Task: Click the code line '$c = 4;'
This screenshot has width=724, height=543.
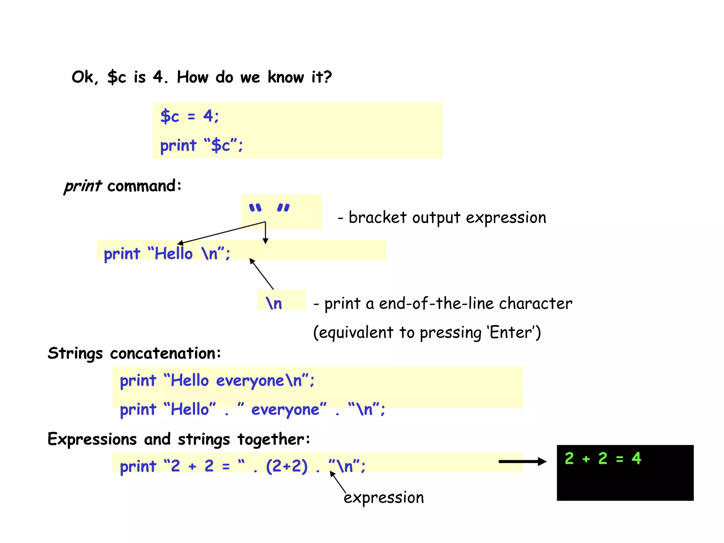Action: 189,116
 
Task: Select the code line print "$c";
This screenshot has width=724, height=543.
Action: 201,145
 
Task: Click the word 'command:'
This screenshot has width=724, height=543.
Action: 144,186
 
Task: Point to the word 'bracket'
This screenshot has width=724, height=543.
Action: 378,217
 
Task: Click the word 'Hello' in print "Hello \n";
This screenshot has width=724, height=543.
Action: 174,253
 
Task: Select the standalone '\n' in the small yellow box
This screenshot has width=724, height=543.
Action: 274,303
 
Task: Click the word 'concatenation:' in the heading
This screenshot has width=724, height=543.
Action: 165,353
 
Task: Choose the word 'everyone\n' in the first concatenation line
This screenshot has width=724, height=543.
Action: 259,381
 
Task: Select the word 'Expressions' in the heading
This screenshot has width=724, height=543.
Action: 92,439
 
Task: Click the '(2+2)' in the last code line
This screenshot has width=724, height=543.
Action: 287,466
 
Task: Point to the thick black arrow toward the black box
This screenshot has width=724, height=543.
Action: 522,461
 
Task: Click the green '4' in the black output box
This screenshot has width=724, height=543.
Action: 636,459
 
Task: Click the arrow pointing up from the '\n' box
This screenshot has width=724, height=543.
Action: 261,274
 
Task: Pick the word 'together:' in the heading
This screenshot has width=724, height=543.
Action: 274,439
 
